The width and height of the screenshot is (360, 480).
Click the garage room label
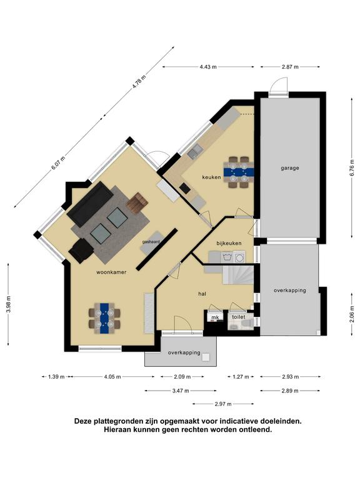click(289, 168)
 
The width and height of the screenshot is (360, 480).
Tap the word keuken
click(211, 177)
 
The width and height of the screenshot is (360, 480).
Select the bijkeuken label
click(229, 243)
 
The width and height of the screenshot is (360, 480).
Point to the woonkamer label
click(111, 272)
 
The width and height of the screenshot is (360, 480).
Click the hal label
click(202, 294)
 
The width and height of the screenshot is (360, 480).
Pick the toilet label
click(239, 317)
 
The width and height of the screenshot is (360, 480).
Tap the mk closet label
click(215, 317)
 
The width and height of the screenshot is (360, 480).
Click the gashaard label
click(151, 241)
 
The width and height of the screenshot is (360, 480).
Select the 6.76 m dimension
click(352, 168)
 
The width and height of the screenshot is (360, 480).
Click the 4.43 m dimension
click(208, 67)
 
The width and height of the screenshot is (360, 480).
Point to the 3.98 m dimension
click(9, 304)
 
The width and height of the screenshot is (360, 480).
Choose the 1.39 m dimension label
click(56, 377)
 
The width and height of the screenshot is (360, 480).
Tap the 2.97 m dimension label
click(223, 404)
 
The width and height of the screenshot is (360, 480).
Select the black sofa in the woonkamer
click(90, 204)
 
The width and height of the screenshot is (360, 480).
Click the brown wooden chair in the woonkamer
click(137, 202)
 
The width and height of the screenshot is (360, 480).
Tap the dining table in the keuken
click(239, 172)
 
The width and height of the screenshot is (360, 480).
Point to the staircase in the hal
click(238, 275)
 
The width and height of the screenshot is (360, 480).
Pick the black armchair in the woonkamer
click(81, 251)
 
